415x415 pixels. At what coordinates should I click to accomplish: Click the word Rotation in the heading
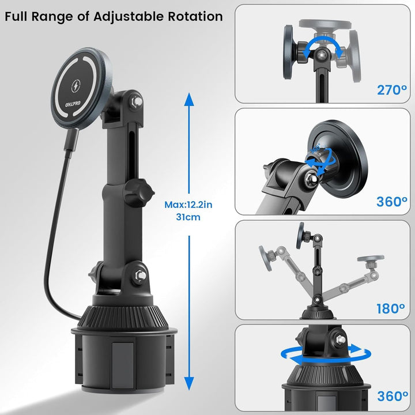(195, 16)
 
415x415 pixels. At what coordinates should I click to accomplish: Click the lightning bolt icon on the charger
(76, 85)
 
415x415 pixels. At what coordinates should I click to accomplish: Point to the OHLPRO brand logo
(73, 104)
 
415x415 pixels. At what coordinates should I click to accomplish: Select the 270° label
(392, 90)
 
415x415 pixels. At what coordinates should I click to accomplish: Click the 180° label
(391, 308)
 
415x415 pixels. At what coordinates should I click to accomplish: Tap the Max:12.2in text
(188, 205)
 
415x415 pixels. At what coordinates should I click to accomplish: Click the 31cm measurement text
(188, 217)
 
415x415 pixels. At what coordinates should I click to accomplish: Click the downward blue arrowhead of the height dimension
(189, 383)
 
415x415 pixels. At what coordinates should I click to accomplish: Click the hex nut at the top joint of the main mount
(136, 101)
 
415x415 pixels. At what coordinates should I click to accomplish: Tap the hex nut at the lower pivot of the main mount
(140, 276)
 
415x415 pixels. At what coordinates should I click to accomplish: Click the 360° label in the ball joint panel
(392, 202)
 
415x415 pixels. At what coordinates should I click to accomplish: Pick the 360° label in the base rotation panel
(393, 396)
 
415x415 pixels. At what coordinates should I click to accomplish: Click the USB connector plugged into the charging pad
(72, 139)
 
